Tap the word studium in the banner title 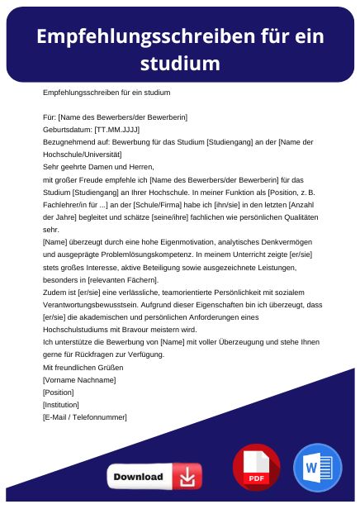(x=179, y=64)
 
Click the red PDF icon (x=256, y=469)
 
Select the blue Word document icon (x=317, y=469)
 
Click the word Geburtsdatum (x=69, y=130)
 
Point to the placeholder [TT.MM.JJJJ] (x=118, y=130)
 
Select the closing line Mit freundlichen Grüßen (x=83, y=367)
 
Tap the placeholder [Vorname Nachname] (x=79, y=379)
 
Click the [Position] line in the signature (x=58, y=392)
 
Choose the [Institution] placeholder (x=61, y=405)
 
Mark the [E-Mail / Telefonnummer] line (x=85, y=417)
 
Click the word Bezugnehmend (x=69, y=142)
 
